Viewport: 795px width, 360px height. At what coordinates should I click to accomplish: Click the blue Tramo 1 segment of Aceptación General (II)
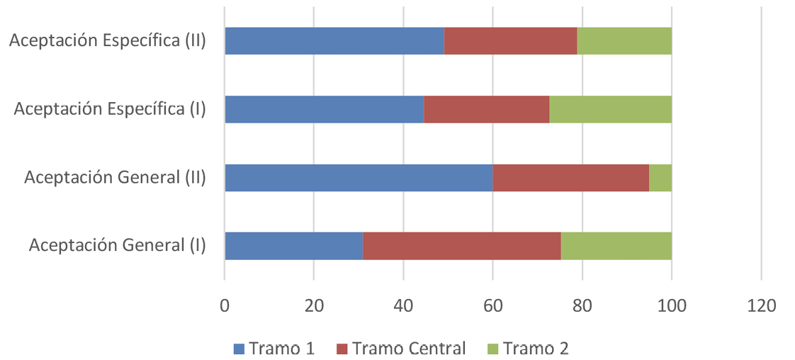359,177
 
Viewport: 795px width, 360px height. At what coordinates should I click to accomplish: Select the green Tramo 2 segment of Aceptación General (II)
660,177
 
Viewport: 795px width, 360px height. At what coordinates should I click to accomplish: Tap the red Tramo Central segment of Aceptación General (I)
461,245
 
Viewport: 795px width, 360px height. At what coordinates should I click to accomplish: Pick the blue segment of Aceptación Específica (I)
324,109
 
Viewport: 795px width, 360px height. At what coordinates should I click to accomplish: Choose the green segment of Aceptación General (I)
616,245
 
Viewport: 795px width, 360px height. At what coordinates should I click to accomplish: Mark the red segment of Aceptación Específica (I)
486,109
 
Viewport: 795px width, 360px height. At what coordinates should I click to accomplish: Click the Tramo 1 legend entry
274,348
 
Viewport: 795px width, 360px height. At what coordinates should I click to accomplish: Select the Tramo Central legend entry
401,348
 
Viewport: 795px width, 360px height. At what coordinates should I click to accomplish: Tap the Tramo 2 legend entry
528,348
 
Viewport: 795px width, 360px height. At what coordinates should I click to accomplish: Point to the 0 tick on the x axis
225,306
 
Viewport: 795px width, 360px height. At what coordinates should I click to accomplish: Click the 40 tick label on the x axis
403,306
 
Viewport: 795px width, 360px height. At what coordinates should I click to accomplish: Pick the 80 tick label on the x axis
582,306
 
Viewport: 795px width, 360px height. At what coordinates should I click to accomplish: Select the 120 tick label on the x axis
760,306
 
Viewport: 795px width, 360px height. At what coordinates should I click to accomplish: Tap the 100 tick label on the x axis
671,306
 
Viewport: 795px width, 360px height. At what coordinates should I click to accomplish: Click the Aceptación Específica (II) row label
108,40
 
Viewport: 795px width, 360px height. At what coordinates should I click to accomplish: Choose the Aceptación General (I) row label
118,245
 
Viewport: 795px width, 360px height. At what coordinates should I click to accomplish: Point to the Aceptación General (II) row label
115,177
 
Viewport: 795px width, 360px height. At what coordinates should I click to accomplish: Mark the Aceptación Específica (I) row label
110,109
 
